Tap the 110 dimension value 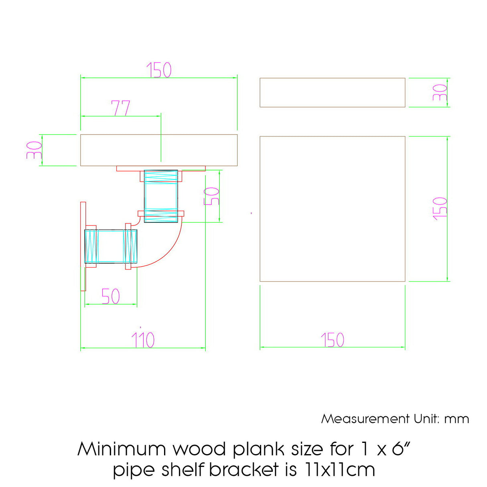pyautogui.click(x=143, y=340)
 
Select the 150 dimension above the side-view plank pyautogui.click(x=159, y=70)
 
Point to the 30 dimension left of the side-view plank pyautogui.click(x=34, y=150)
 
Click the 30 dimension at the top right pyautogui.click(x=440, y=93)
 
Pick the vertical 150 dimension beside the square pyautogui.click(x=440, y=208)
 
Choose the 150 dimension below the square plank pyautogui.click(x=333, y=340)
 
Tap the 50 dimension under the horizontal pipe pyautogui.click(x=110, y=296)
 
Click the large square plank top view pyautogui.click(x=332, y=209)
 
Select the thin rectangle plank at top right pyautogui.click(x=332, y=93)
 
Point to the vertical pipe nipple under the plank pyautogui.click(x=161, y=196)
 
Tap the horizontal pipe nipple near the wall pyautogui.click(x=111, y=246)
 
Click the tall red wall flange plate pyautogui.click(x=83, y=246)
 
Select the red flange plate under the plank pyautogui.click(x=160, y=168)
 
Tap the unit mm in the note pyautogui.click(x=457, y=419)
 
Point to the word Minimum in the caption pyautogui.click(x=122, y=448)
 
